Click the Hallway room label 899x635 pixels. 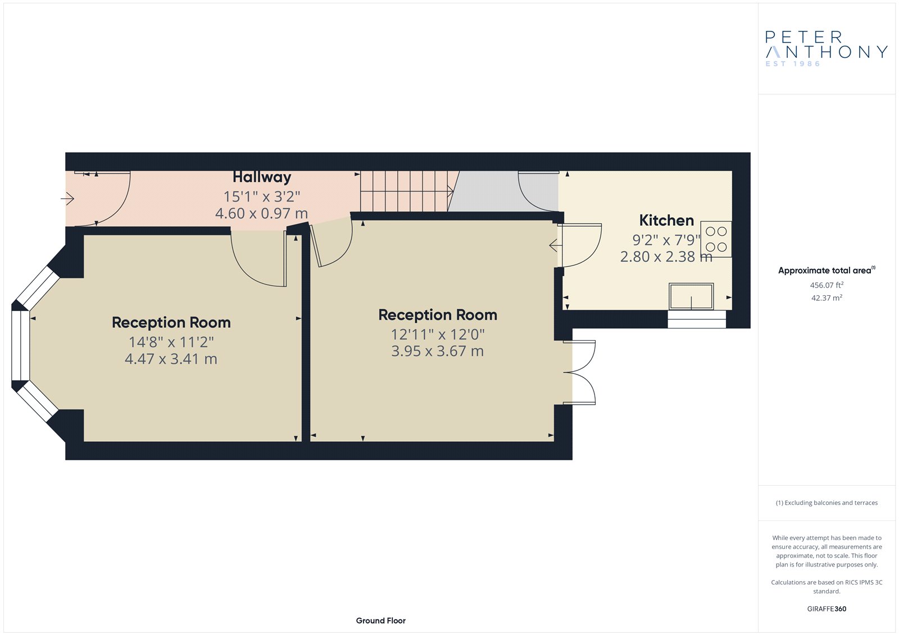coord(262,177)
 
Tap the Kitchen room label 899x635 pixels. coord(666,220)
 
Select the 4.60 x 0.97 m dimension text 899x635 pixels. coord(261,213)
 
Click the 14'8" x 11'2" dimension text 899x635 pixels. coord(171,342)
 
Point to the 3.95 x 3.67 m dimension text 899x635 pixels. coord(438,351)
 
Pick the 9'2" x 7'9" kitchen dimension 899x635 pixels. coord(666,240)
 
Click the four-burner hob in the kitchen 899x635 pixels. coord(716,239)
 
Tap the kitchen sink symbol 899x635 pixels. coord(691,296)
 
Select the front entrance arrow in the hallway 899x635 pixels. coord(67,198)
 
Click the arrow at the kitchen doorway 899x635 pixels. coord(556,245)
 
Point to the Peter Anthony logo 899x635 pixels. coord(826,49)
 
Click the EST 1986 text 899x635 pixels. coord(793,64)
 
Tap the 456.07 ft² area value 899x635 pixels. coord(827,285)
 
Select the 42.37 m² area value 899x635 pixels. coord(827,298)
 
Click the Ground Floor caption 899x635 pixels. coord(380,620)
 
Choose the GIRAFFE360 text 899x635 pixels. coord(827,609)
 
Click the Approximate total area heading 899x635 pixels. coord(827,271)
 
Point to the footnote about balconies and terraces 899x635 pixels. coord(827,502)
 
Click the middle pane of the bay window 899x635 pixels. coord(20,345)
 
